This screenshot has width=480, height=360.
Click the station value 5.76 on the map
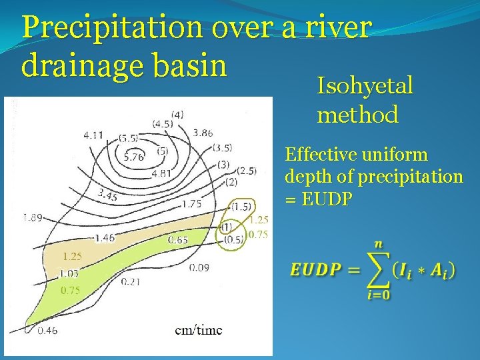click(134, 157)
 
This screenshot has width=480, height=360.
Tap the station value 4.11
click(93, 135)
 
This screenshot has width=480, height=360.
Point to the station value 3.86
click(203, 133)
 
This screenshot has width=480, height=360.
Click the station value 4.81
click(162, 173)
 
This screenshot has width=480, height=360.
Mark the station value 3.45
click(107, 196)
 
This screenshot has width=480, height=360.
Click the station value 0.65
click(177, 239)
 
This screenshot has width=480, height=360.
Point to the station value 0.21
click(131, 282)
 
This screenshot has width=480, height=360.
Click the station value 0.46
click(47, 330)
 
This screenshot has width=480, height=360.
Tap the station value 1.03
click(69, 273)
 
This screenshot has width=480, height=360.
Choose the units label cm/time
click(199, 329)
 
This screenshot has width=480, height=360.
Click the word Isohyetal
click(365, 86)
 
